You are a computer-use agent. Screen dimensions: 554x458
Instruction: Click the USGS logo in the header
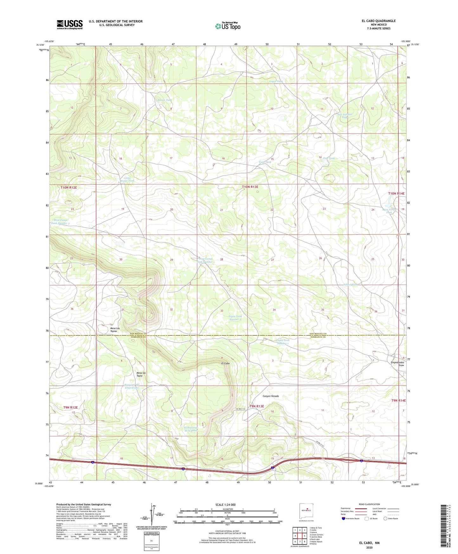pyautogui.click(x=70, y=24)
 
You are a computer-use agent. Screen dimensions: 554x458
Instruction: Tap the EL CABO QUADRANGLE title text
pyautogui.click(x=378, y=21)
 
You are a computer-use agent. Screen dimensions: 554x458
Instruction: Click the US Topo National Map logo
pyautogui.click(x=228, y=26)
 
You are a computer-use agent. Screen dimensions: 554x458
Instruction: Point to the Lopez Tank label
pyautogui.click(x=276, y=82)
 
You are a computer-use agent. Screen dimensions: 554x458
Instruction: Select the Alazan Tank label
pyautogui.click(x=164, y=100)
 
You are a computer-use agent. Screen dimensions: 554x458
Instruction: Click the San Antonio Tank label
pyautogui.click(x=345, y=116)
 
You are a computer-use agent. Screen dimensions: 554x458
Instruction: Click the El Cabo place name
pyautogui.click(x=225, y=363)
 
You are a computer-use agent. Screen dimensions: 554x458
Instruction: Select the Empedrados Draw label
pyautogui.click(x=397, y=364)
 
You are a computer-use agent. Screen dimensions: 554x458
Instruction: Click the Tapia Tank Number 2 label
pyautogui.click(x=235, y=318)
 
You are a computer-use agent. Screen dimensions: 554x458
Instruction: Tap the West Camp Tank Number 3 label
pyautogui.click(x=60, y=221)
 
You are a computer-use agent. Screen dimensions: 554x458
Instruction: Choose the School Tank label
pyautogui.click(x=350, y=285)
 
